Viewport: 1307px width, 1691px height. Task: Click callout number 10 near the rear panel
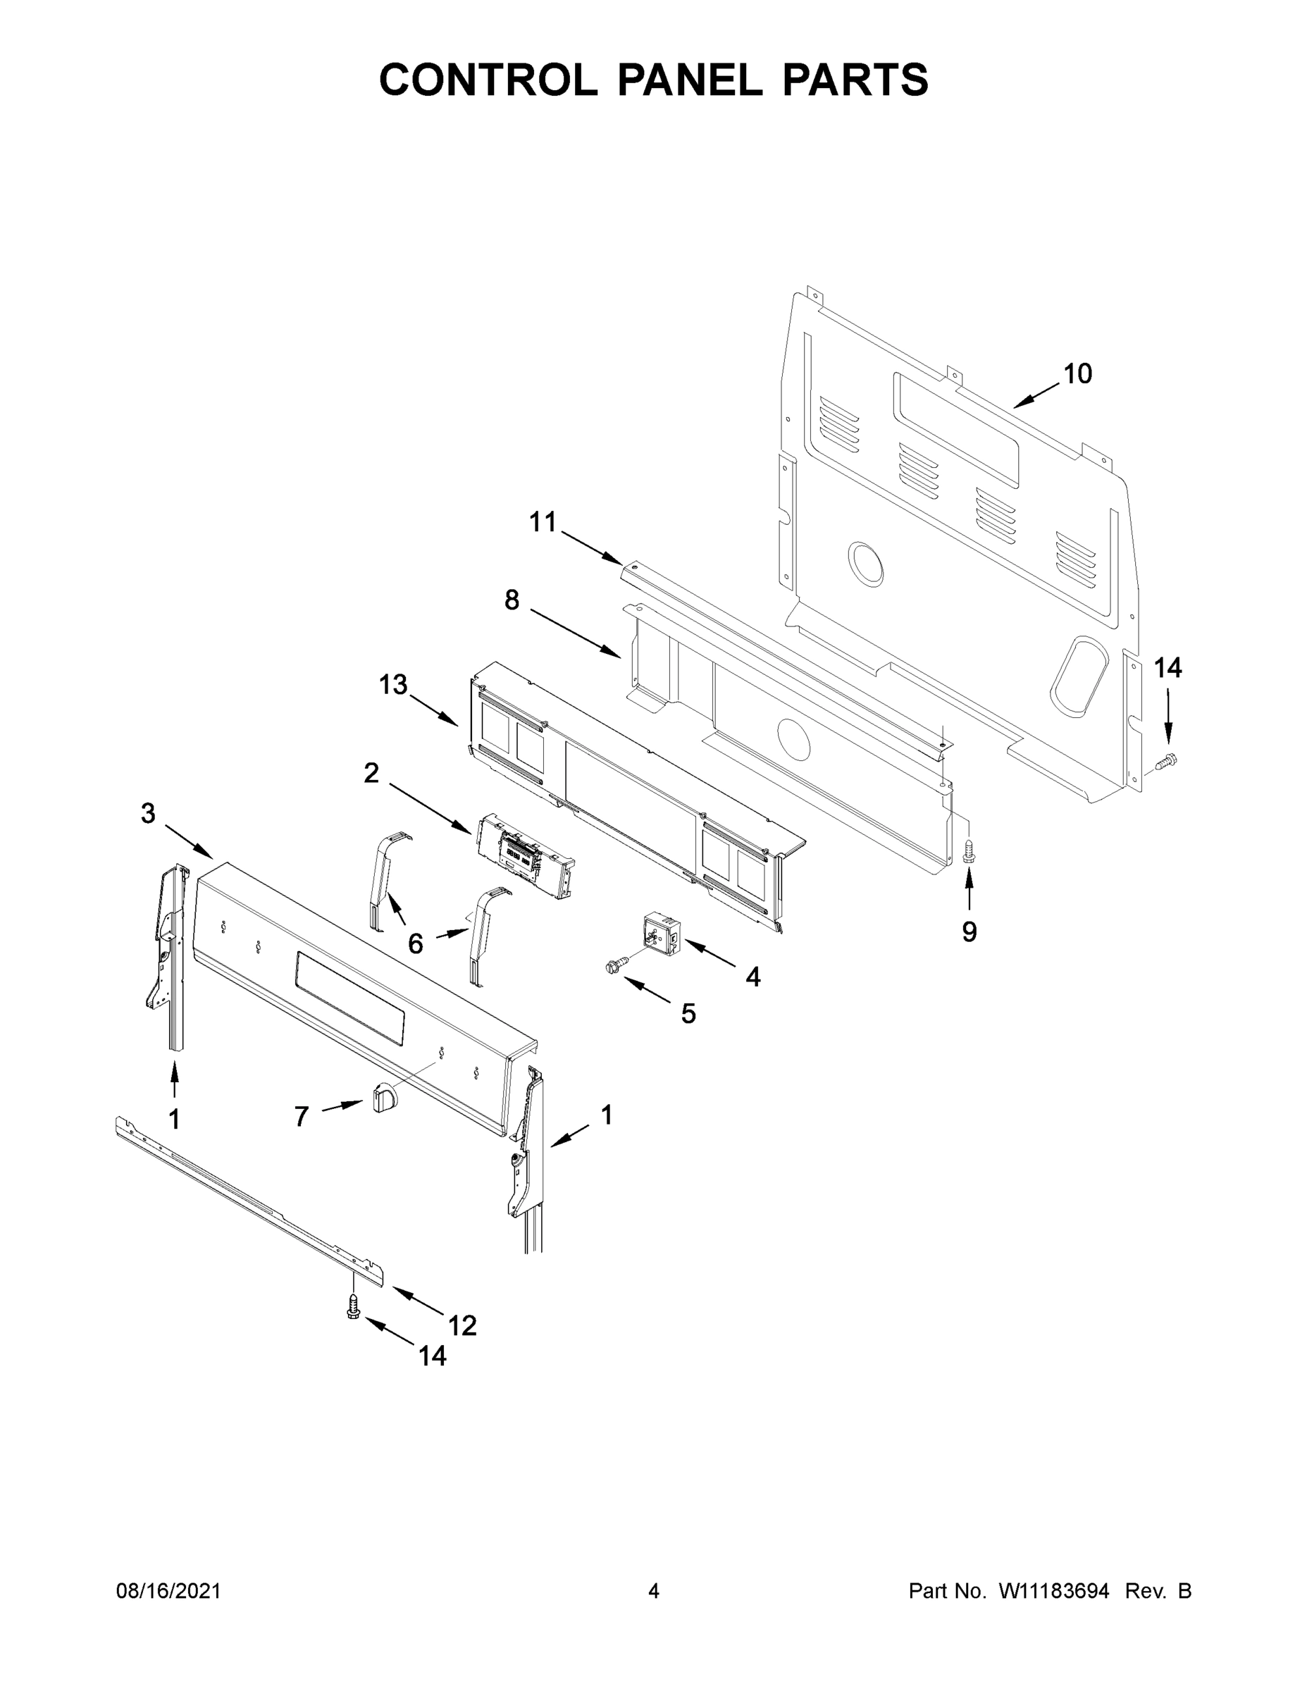[1077, 374]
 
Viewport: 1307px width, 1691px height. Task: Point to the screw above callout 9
[968, 853]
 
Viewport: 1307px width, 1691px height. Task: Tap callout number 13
[392, 684]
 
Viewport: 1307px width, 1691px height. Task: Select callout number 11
[543, 522]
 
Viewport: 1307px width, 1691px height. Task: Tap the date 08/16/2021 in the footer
[168, 1591]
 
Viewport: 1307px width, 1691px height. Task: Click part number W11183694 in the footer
[1054, 1591]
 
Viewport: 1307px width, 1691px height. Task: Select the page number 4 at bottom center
[654, 1591]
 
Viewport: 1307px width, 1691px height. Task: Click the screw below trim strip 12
[353, 1308]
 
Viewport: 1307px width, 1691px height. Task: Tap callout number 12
[462, 1326]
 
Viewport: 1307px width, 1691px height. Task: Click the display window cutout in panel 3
[349, 996]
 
